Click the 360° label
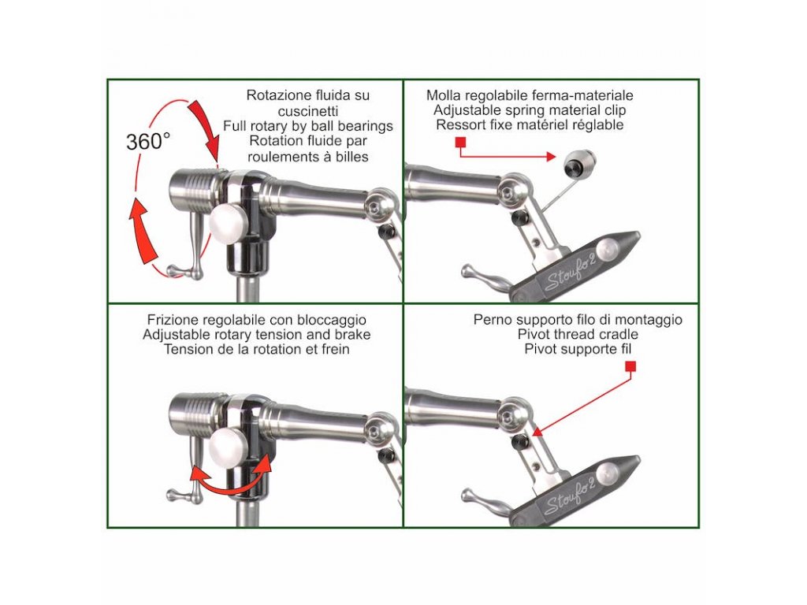(x=148, y=142)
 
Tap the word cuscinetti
(x=308, y=110)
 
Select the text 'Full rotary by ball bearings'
(x=308, y=126)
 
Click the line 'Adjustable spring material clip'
(x=530, y=110)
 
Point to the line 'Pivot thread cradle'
(x=578, y=334)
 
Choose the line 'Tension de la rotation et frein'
(x=257, y=349)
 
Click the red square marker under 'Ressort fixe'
(x=460, y=142)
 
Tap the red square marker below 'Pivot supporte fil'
(x=631, y=366)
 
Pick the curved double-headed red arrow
(x=231, y=484)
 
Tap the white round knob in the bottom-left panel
(x=227, y=448)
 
